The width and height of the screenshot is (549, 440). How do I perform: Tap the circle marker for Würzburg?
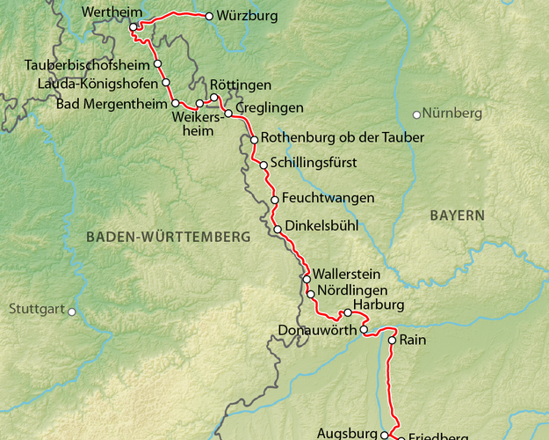pos(209,16)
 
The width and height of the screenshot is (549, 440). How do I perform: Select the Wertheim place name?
pos(109,13)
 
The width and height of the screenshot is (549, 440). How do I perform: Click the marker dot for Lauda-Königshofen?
pos(166,83)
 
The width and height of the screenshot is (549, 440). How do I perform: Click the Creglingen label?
pos(270,107)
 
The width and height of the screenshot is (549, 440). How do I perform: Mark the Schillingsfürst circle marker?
pos(263,164)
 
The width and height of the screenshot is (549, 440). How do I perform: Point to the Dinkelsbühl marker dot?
pos(278,230)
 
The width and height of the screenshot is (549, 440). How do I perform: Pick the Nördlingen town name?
pos(350,290)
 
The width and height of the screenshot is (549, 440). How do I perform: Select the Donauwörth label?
pos(315,331)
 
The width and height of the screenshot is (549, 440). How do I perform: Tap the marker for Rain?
pos(392,339)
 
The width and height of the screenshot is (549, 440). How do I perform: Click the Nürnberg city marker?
pos(416,114)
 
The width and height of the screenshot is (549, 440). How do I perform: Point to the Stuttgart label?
pos(37,310)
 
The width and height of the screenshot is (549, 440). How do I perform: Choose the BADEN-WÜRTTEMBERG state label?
pos(169,237)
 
